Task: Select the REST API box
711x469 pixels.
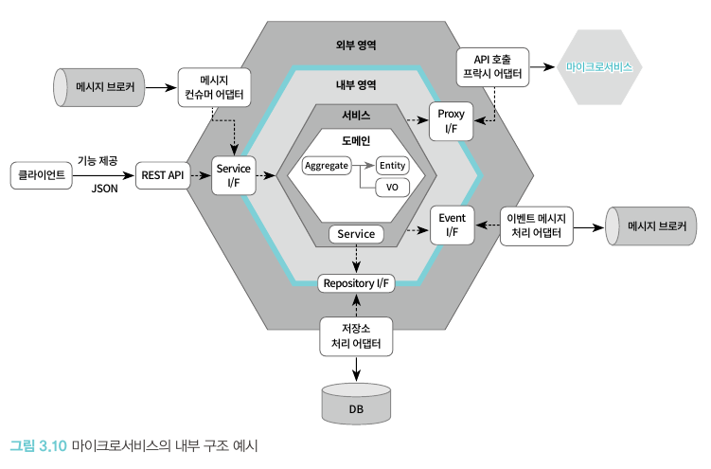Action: pyautogui.click(x=161, y=175)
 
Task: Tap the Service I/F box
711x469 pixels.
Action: pyautogui.click(x=233, y=175)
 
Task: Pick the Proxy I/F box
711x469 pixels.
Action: pyautogui.click(x=451, y=121)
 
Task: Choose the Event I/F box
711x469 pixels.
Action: pyautogui.click(x=451, y=225)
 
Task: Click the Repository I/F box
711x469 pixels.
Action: pyautogui.click(x=355, y=282)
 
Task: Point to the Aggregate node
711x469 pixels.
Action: pyautogui.click(x=327, y=166)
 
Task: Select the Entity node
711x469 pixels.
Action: pyautogui.click(x=391, y=166)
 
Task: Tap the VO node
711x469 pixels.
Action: pyautogui.click(x=391, y=187)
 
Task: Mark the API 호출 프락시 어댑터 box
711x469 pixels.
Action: pyautogui.click(x=492, y=66)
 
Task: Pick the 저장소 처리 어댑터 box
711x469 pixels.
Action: pyautogui.click(x=356, y=336)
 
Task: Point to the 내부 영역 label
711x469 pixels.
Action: pyautogui.click(x=356, y=84)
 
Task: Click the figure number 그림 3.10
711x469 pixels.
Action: pyautogui.click(x=38, y=444)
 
